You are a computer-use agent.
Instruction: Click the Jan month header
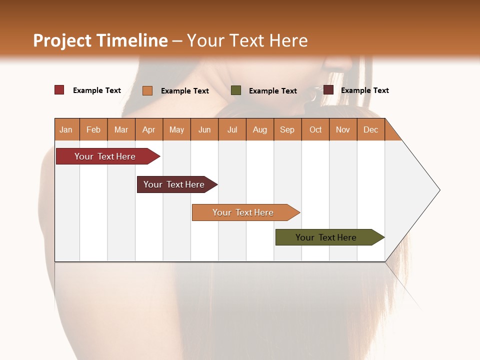[66, 129]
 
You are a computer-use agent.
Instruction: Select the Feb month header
[93, 129]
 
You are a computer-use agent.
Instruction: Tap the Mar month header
[121, 129]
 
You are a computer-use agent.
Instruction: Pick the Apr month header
[148, 129]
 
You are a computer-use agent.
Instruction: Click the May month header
[176, 129]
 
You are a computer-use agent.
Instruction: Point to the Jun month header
[204, 129]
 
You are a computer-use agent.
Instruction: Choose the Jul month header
[232, 129]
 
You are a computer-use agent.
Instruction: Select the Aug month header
[259, 129]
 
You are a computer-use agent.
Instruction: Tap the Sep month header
[287, 129]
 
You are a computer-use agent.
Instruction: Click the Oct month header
[315, 129]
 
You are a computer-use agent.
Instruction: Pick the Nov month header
[342, 129]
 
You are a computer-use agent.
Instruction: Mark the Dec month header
[370, 129]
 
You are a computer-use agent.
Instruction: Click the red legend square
[59, 90]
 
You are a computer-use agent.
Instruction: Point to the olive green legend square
[236, 90]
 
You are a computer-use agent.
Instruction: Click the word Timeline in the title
[131, 40]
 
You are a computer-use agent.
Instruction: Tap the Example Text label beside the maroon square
[364, 90]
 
